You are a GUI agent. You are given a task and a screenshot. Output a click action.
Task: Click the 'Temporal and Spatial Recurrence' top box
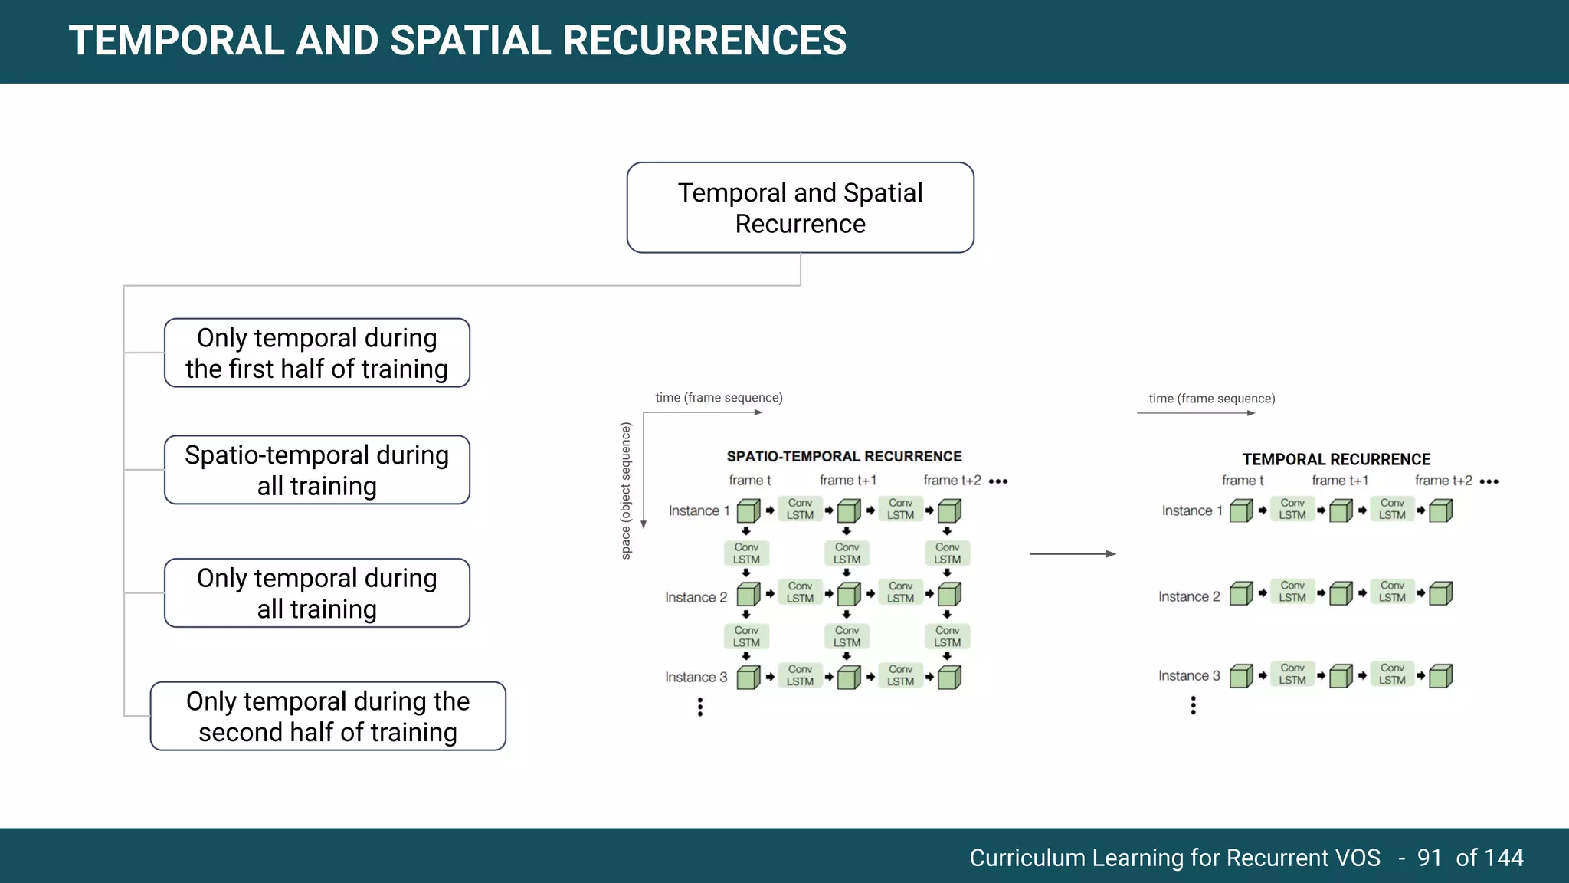(800, 208)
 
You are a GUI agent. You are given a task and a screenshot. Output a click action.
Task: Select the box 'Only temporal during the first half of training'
(316, 353)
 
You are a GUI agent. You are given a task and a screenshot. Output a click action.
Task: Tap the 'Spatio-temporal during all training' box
(316, 470)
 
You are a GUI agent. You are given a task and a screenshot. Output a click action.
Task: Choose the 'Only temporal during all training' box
(316, 593)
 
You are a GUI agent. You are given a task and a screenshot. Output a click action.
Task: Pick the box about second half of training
(328, 717)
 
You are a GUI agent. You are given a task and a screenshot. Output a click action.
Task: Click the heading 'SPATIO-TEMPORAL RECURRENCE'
(843, 457)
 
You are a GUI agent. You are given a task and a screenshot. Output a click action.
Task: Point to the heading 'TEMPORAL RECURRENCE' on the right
(1336, 460)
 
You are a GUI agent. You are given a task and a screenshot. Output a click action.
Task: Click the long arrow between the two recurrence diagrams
(1073, 553)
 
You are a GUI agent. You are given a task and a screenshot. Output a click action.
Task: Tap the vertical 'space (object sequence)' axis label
(626, 491)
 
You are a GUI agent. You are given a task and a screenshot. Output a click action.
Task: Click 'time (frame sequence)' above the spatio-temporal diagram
(719, 398)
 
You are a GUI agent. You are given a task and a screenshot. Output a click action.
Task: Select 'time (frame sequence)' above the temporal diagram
(1211, 399)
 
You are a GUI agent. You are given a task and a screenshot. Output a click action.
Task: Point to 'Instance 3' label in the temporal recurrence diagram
(1189, 676)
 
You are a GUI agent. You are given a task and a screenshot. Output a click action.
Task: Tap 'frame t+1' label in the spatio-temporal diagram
(847, 481)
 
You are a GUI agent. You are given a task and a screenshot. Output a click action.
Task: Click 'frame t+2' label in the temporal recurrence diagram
(1443, 481)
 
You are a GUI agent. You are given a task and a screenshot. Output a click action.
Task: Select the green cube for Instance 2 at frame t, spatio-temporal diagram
(748, 595)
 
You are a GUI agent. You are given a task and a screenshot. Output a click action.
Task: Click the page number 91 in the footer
(1430, 858)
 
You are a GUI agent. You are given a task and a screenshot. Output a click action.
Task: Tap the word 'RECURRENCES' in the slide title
(704, 41)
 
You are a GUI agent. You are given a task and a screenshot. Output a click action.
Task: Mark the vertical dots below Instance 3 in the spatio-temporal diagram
(700, 707)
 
